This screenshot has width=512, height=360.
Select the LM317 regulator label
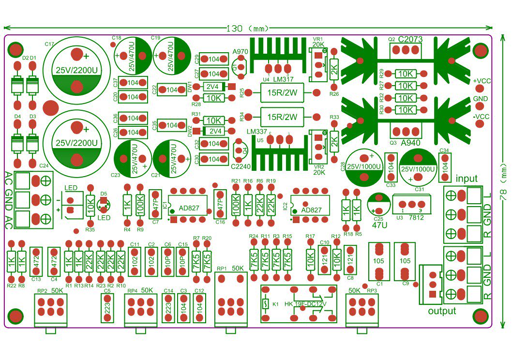click(x=285, y=79)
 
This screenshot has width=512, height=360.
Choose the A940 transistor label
click(x=411, y=142)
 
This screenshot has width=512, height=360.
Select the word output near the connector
click(x=442, y=311)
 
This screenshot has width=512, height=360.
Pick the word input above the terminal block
click(x=466, y=179)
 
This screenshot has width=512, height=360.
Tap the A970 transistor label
click(x=241, y=52)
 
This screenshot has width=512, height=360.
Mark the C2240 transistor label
click(x=240, y=167)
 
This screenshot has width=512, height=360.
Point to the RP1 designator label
click(x=221, y=269)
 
